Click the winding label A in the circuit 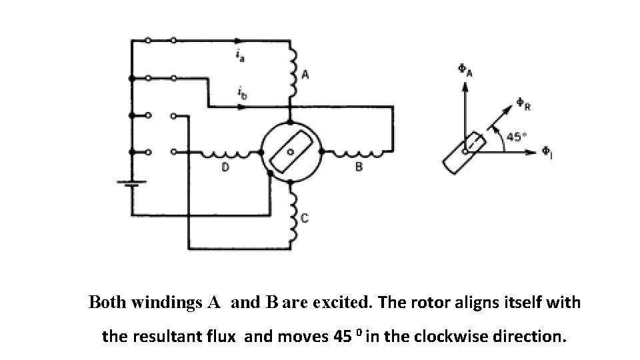coord(305,75)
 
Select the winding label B coord(358,167)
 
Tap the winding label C coord(304,217)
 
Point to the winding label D coord(225,167)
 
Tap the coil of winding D coord(227,154)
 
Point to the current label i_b coord(242,94)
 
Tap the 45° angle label coord(516,137)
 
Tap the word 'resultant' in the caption coord(205,337)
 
